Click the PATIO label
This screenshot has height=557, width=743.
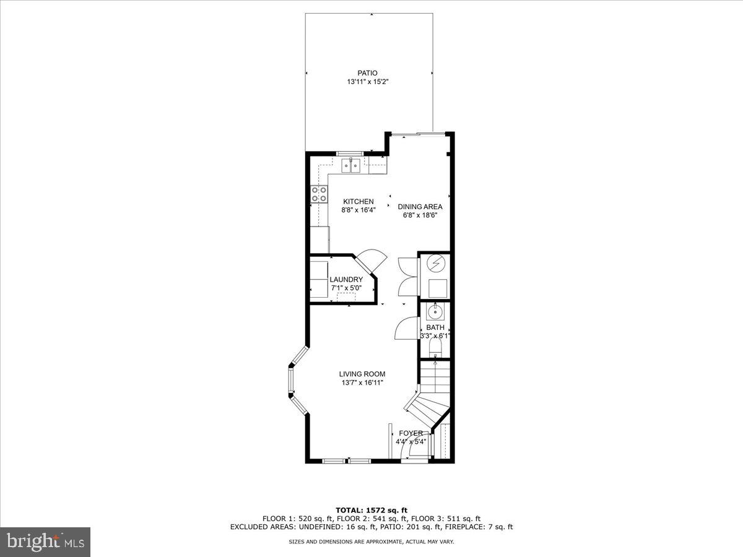(367, 73)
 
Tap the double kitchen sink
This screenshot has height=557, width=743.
(352, 165)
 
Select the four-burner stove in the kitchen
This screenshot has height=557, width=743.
(319, 194)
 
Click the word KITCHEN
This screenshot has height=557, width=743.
(358, 202)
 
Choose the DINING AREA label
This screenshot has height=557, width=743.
(420, 207)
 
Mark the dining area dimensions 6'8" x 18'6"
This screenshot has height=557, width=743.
(420, 215)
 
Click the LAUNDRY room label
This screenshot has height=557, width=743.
(346, 280)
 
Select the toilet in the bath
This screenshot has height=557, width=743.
(436, 344)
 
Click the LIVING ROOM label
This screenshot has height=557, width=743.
(362, 374)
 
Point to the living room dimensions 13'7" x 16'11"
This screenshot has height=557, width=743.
(362, 382)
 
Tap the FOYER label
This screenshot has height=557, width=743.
(411, 433)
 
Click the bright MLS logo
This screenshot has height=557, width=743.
(45, 542)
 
